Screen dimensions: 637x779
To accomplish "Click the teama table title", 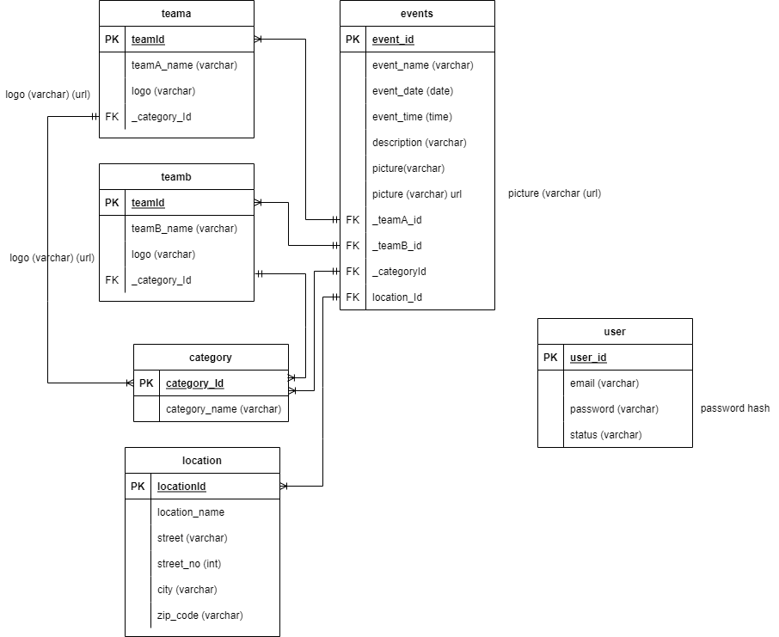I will [x=176, y=14].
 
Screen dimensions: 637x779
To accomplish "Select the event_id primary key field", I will [x=393, y=40].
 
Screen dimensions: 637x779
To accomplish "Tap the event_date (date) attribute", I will [x=413, y=91].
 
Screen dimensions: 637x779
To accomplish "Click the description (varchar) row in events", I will [x=420, y=143].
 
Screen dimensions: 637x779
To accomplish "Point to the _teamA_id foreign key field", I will [x=397, y=220].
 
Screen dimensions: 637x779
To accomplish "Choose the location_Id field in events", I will [x=397, y=297].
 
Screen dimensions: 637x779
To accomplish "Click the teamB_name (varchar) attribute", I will [x=184, y=229].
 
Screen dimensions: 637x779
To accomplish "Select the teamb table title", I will [x=176, y=177].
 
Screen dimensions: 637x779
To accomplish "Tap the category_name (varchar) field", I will [x=224, y=409].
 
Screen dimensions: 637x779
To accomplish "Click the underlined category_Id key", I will [x=195, y=383].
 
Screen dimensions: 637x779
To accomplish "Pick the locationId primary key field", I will [x=181, y=487].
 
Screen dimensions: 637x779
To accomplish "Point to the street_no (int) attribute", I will [x=187, y=564].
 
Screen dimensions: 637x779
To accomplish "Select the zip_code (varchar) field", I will [x=200, y=616].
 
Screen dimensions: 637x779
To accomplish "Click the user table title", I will [x=615, y=332].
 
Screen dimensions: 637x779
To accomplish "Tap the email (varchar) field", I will [x=604, y=383].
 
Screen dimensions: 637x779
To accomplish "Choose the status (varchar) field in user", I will [x=605, y=435].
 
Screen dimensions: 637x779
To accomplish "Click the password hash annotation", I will [x=735, y=408].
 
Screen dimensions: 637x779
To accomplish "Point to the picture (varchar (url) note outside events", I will [x=555, y=193].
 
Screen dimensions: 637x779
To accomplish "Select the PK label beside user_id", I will [x=550, y=358].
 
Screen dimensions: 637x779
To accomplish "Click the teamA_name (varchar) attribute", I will [x=184, y=65].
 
